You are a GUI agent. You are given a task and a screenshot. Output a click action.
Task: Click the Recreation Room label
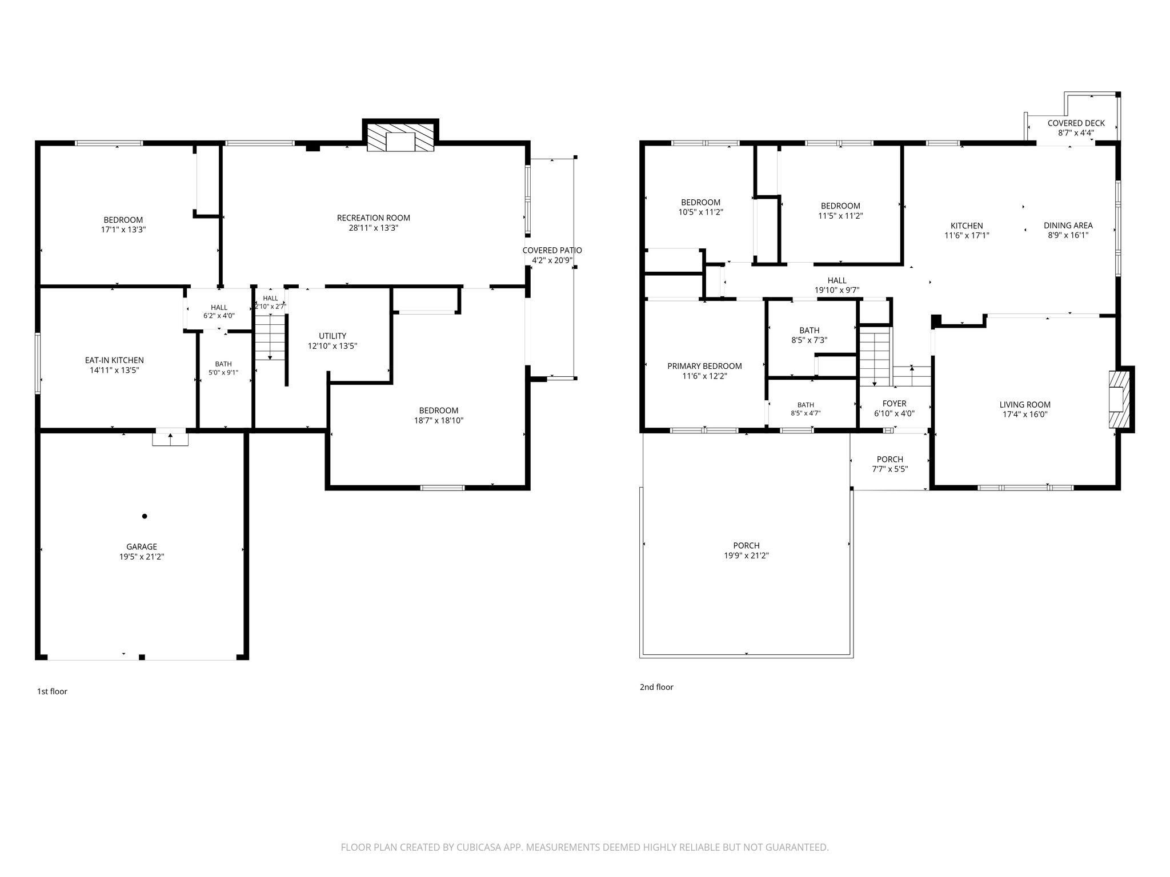pyautogui.click(x=373, y=218)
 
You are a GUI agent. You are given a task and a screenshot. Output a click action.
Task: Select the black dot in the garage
pyautogui.click(x=145, y=516)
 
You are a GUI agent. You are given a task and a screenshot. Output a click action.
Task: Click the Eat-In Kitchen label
pyautogui.click(x=114, y=360)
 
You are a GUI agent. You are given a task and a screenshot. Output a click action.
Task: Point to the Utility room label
pyautogui.click(x=332, y=336)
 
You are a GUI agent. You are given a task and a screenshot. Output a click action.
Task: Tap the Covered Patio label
pyautogui.click(x=552, y=250)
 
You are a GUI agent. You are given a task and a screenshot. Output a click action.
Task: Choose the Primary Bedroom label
pyautogui.click(x=704, y=366)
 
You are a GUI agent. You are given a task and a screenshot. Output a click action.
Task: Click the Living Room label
pyautogui.click(x=1025, y=405)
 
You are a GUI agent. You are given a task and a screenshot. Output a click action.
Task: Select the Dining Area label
pyautogui.click(x=1068, y=225)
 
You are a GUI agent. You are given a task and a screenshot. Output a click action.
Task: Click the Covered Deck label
pyautogui.click(x=1076, y=123)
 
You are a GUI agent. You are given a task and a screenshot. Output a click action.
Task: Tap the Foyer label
pyautogui.click(x=894, y=404)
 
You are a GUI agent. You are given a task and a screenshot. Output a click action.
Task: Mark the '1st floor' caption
pyautogui.click(x=52, y=691)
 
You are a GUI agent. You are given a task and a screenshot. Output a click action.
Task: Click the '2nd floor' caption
pyautogui.click(x=656, y=687)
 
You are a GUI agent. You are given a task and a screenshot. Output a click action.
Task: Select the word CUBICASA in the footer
pyautogui.click(x=476, y=847)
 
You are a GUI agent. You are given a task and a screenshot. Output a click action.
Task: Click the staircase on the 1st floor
pyautogui.click(x=270, y=337)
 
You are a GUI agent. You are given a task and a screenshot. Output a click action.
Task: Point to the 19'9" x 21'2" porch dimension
pyautogui.click(x=746, y=556)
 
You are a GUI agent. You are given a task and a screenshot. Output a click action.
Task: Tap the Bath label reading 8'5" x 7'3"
pyautogui.click(x=809, y=340)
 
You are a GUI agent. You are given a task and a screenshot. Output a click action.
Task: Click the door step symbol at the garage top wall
pyautogui.click(x=170, y=437)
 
